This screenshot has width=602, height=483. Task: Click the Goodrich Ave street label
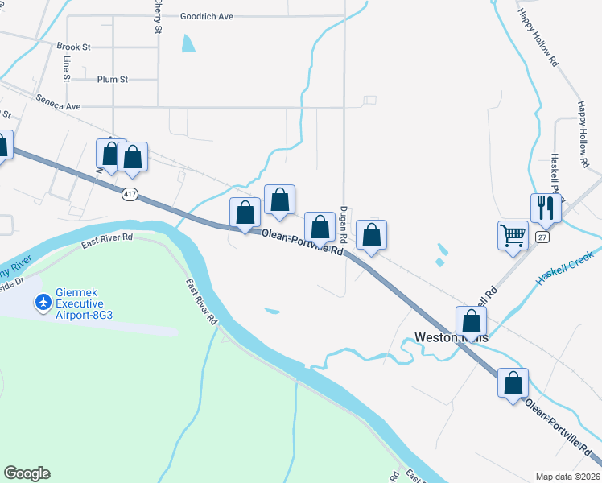coord(206,16)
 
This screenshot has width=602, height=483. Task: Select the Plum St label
coord(112,79)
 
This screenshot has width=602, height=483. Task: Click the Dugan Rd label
coord(343,223)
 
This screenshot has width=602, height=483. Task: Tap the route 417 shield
coord(130,194)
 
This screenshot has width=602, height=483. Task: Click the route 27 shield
coord(542,237)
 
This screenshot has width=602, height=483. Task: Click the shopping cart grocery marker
coord(513,235)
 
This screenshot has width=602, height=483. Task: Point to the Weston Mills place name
coord(451,337)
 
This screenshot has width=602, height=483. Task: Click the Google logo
coord(27,473)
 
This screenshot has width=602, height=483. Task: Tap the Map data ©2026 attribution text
coord(568,477)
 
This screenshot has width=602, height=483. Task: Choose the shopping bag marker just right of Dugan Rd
coord(371,235)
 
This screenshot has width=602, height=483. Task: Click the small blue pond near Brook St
coord(188,43)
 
